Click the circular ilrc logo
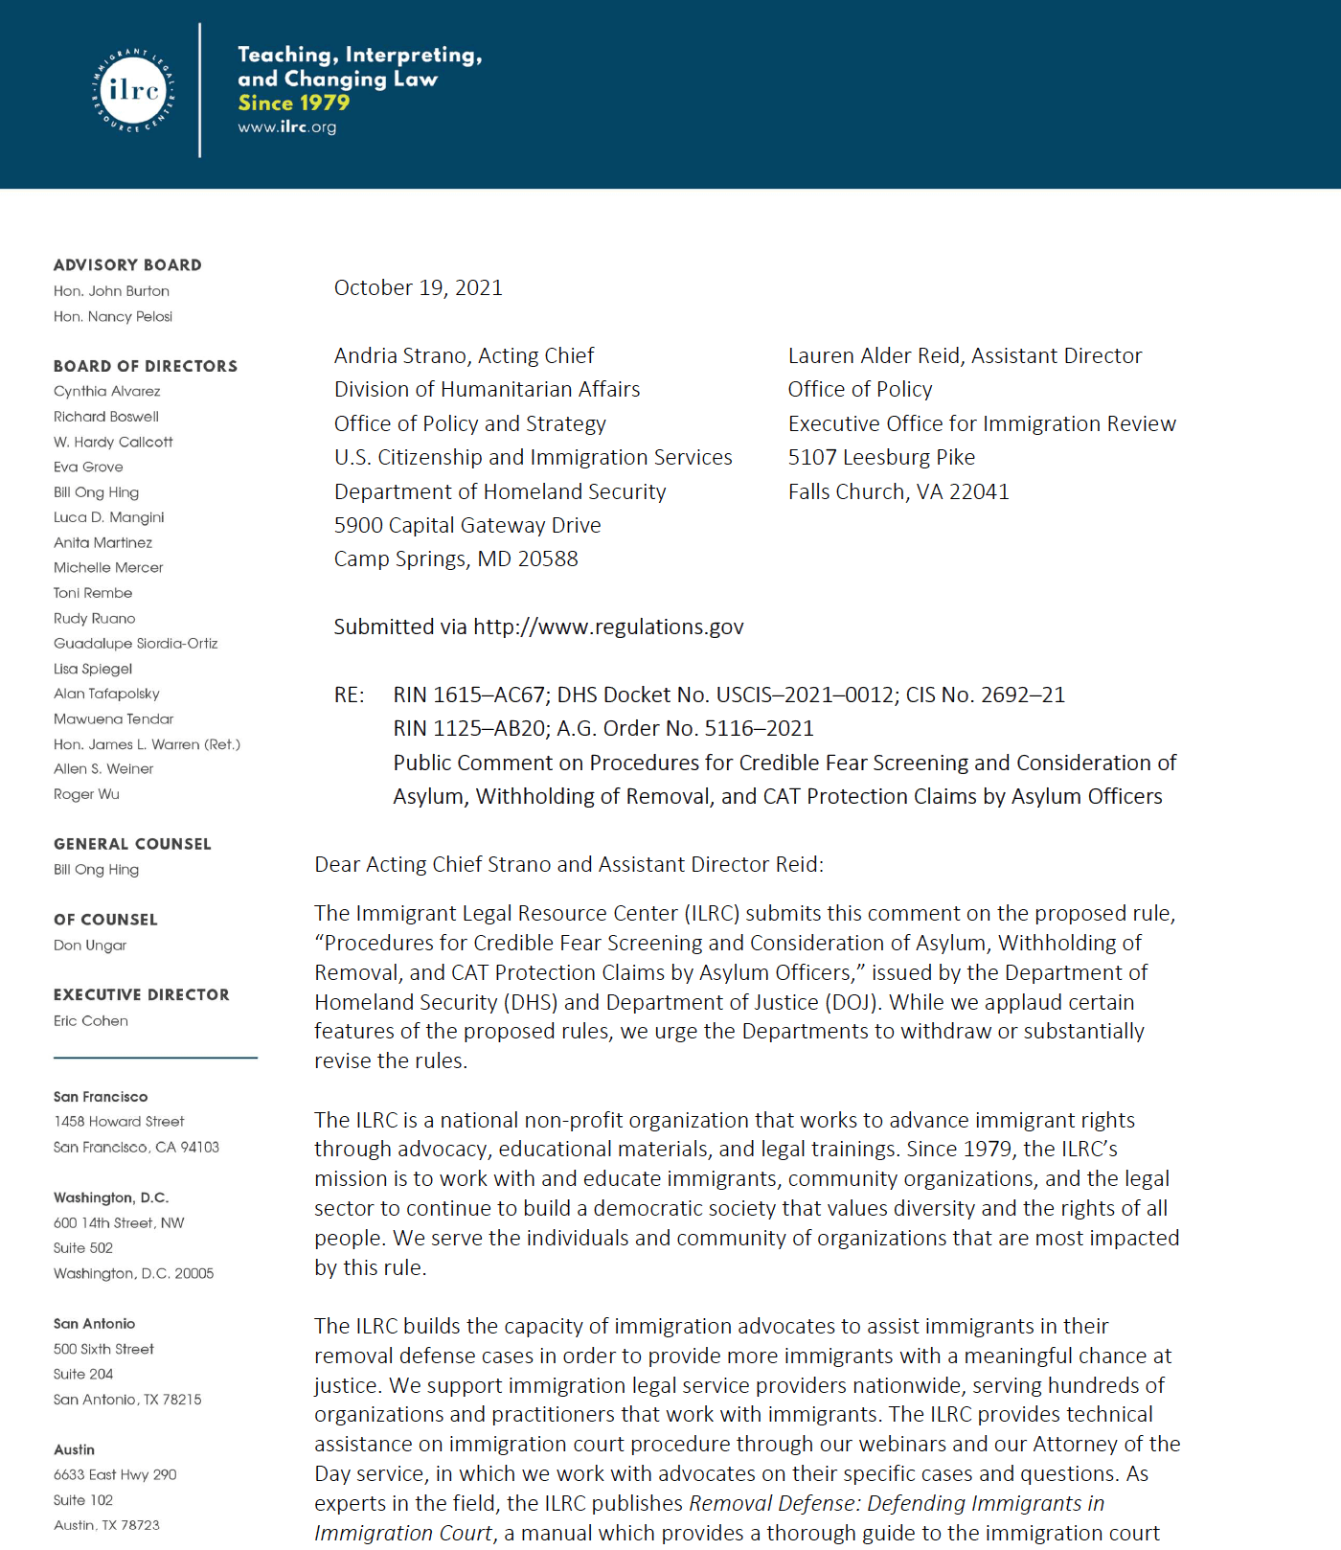(133, 90)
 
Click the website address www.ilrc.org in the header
(286, 126)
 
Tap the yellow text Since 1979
(293, 103)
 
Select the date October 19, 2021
(418, 287)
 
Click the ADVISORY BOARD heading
(127, 265)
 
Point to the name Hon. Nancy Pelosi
(113, 316)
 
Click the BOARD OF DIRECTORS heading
(146, 366)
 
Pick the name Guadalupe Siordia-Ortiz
(136, 644)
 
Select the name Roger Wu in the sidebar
(86, 794)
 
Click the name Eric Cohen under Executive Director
(91, 1021)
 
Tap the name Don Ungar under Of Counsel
(90, 946)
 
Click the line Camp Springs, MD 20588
(456, 559)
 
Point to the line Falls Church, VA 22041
(898, 492)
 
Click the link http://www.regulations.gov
(608, 627)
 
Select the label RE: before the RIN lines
(349, 695)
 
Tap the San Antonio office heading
(94, 1324)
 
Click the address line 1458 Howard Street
(119, 1122)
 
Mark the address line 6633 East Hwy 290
(115, 1475)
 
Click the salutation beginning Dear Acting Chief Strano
(569, 865)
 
